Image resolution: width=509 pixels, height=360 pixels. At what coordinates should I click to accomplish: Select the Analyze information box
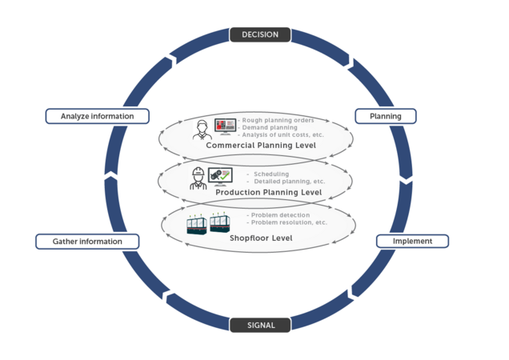(x=98, y=116)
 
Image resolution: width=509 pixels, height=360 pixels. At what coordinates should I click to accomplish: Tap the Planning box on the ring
(x=385, y=116)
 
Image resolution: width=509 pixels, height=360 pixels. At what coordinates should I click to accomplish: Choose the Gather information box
(x=87, y=241)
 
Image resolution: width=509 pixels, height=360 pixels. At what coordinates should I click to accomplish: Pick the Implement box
(x=412, y=241)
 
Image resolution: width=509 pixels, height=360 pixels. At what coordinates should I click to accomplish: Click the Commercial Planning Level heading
(x=261, y=146)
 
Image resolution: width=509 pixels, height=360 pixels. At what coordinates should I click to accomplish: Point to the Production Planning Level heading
(x=268, y=193)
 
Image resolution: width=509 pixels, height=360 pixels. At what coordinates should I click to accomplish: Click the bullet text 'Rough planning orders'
(x=277, y=120)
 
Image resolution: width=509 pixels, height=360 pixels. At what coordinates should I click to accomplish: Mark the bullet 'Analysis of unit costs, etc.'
(x=281, y=134)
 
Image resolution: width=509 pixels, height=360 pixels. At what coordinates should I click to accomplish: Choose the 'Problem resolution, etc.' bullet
(x=287, y=222)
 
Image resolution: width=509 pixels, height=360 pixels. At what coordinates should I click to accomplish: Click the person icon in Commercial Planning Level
(x=202, y=130)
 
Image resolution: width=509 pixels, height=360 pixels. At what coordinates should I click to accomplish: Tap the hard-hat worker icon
(x=198, y=178)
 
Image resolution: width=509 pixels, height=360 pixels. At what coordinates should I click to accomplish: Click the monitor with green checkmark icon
(x=220, y=176)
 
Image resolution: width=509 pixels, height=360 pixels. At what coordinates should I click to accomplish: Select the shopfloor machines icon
(x=208, y=225)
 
